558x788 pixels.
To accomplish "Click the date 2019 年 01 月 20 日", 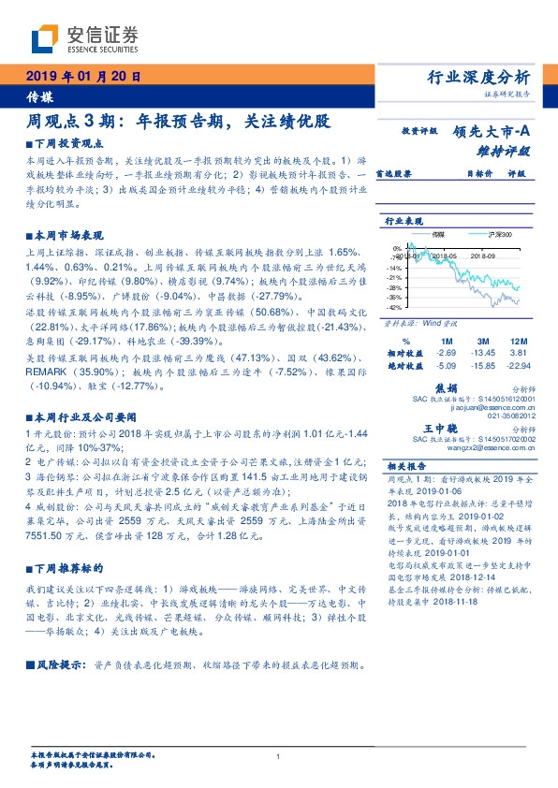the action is tap(84, 77).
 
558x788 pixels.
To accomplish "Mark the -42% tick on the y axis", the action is tap(395, 307).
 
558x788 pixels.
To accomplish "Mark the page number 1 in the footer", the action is tap(279, 757).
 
